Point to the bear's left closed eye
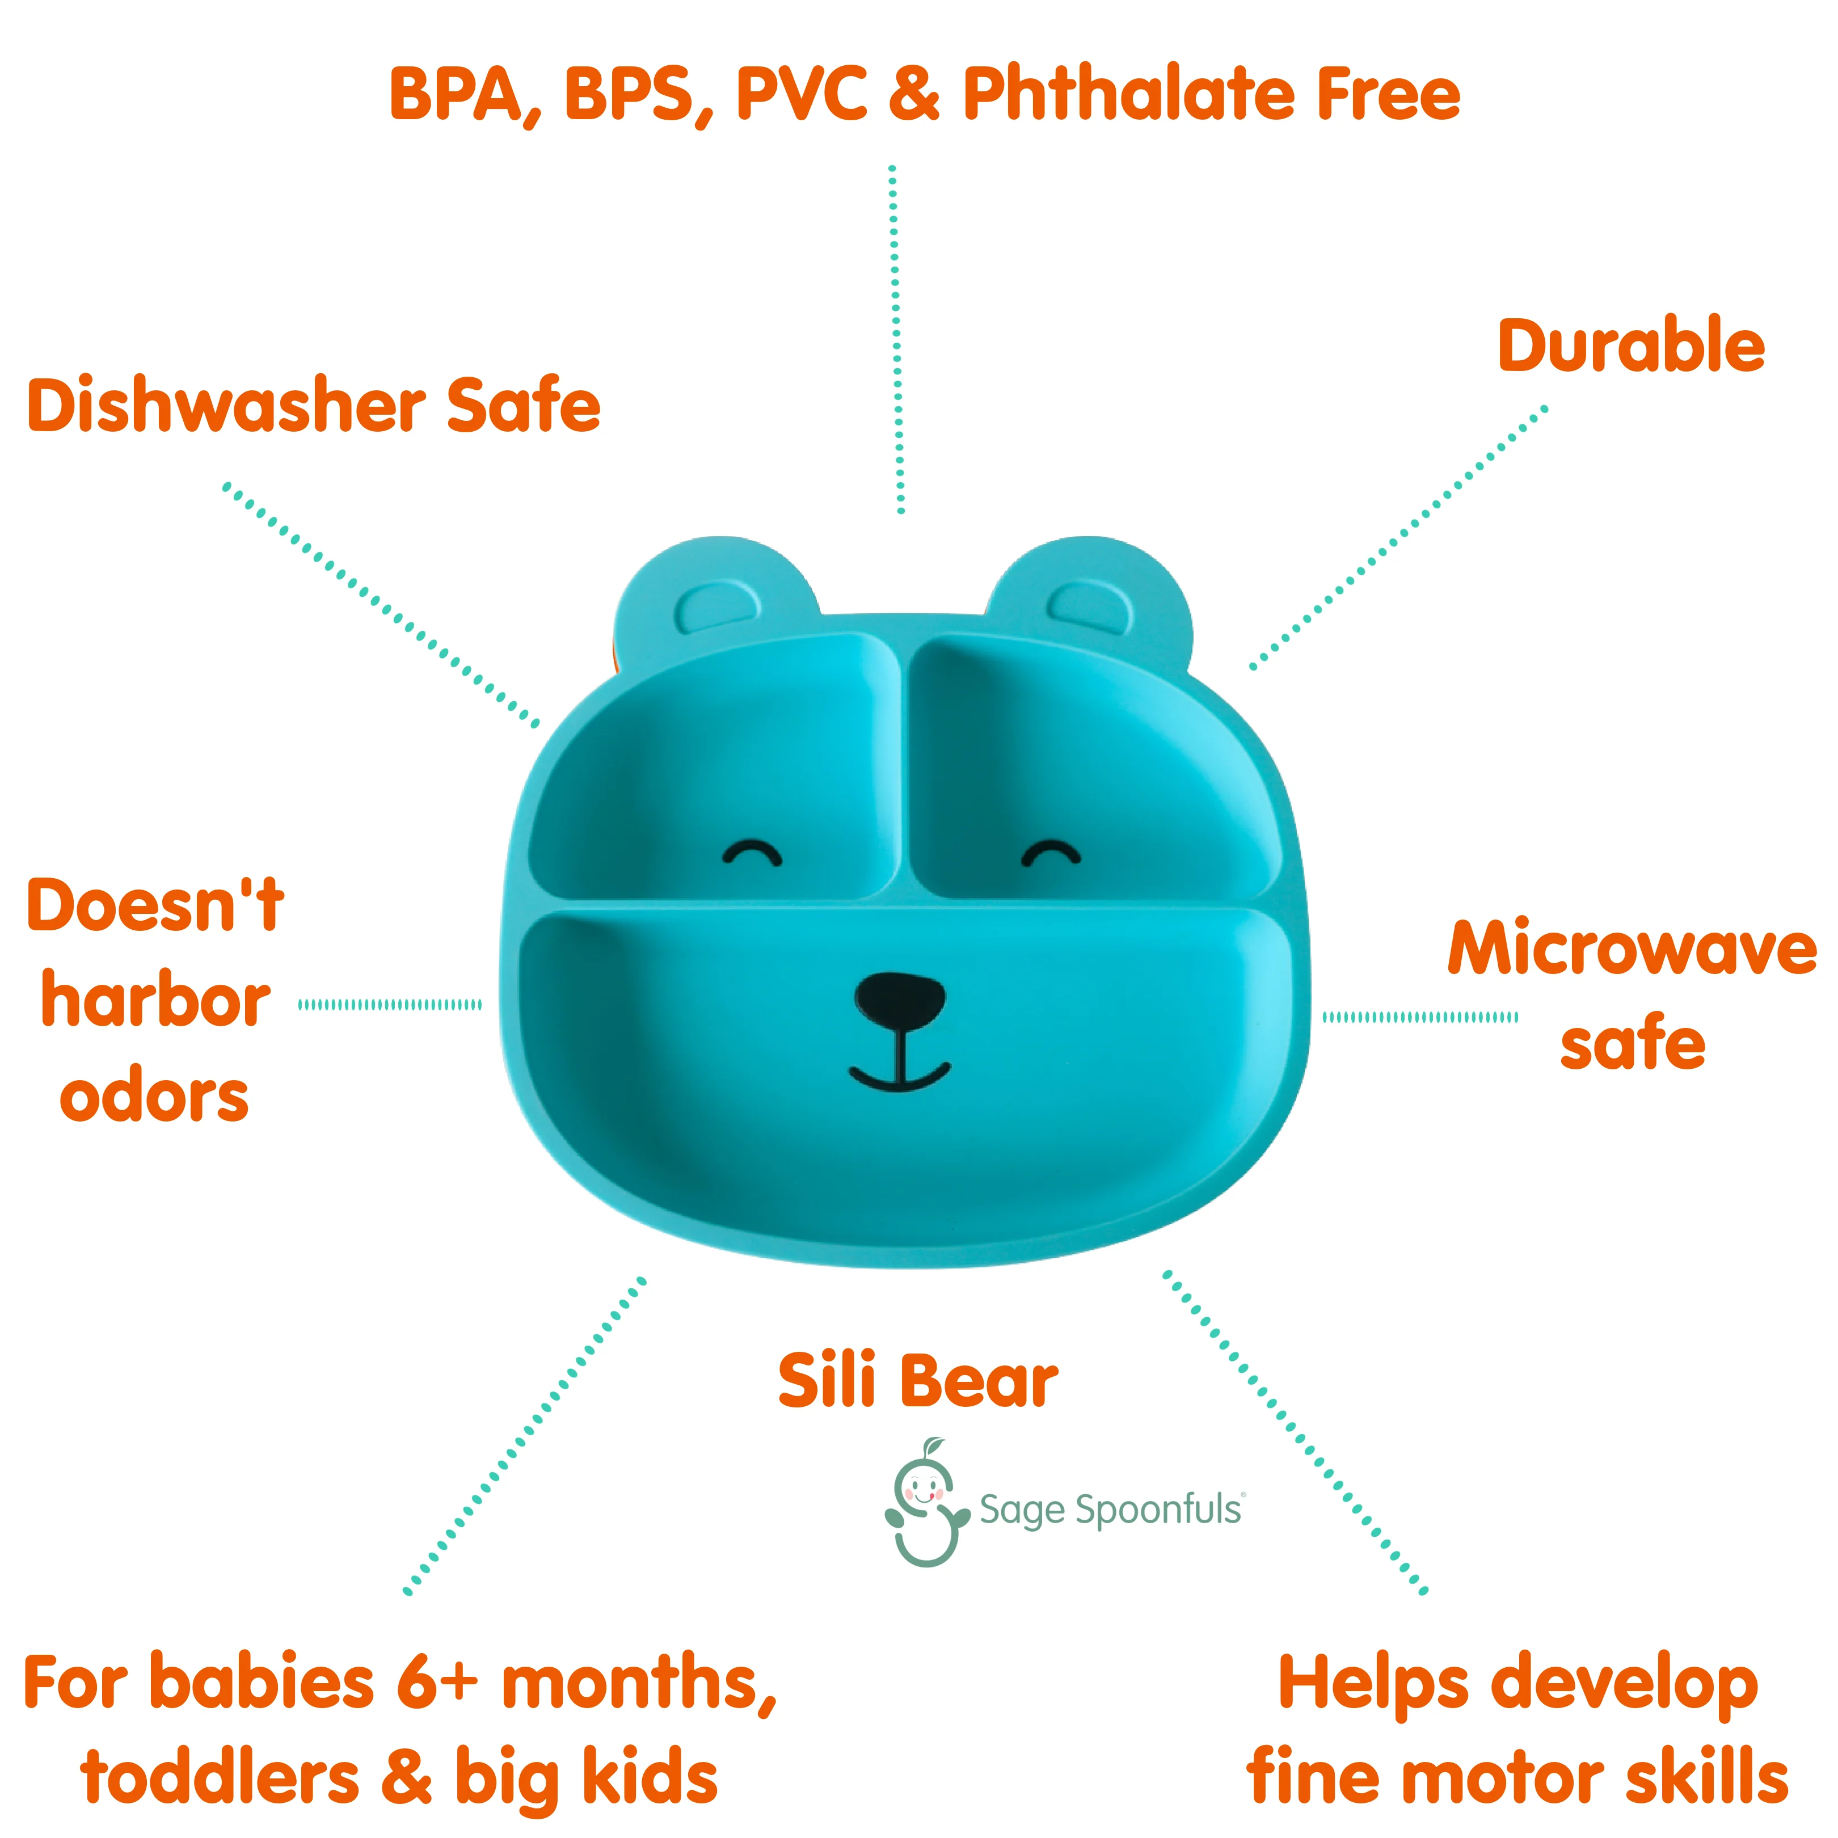coord(752,851)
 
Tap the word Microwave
coord(1632,950)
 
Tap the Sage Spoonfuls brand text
coord(1110,1510)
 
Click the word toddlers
coord(221,1777)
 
